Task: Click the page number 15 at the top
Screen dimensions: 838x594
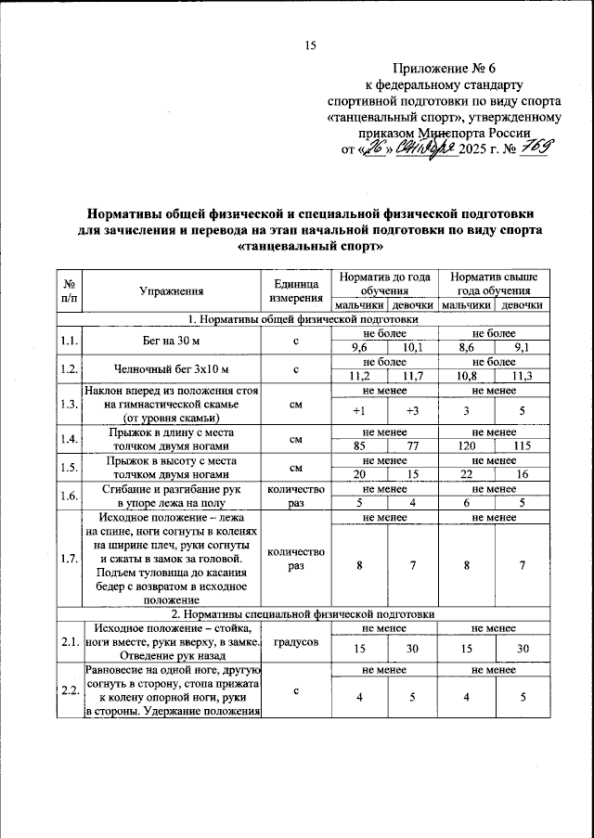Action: [311, 46]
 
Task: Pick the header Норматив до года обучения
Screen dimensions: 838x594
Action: [385, 283]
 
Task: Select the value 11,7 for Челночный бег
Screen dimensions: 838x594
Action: [412, 376]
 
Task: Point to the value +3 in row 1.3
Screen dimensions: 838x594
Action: [412, 410]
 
